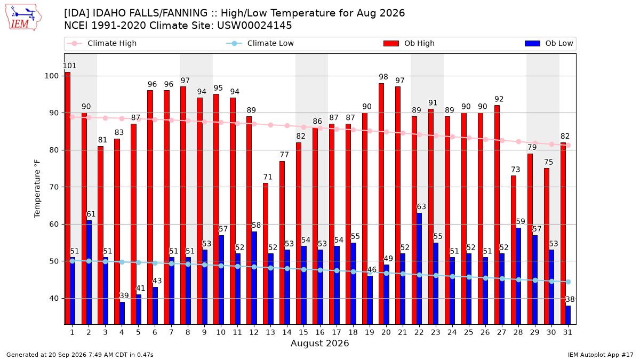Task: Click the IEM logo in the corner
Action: [x=23, y=18]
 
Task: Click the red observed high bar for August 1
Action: [x=67, y=198]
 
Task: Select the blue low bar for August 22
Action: [x=419, y=269]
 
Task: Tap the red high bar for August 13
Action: [x=266, y=254]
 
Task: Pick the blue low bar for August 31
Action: [x=568, y=315]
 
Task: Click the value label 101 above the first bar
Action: [x=69, y=66]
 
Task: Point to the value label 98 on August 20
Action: [x=383, y=77]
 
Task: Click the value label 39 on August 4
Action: [x=124, y=295]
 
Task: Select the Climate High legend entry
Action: [x=101, y=43]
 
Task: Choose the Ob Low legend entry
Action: [x=549, y=43]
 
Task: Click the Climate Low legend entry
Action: [x=260, y=43]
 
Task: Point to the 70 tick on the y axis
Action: [x=54, y=187]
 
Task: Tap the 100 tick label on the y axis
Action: [x=52, y=76]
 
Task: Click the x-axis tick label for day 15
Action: [x=303, y=332]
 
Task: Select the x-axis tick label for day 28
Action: [x=518, y=332]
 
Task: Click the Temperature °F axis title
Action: [x=37, y=189]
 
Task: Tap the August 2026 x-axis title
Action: [x=319, y=343]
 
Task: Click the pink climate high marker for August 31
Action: [x=569, y=145]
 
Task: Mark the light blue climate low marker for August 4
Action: [x=122, y=262]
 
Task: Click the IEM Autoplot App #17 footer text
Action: [x=601, y=355]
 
